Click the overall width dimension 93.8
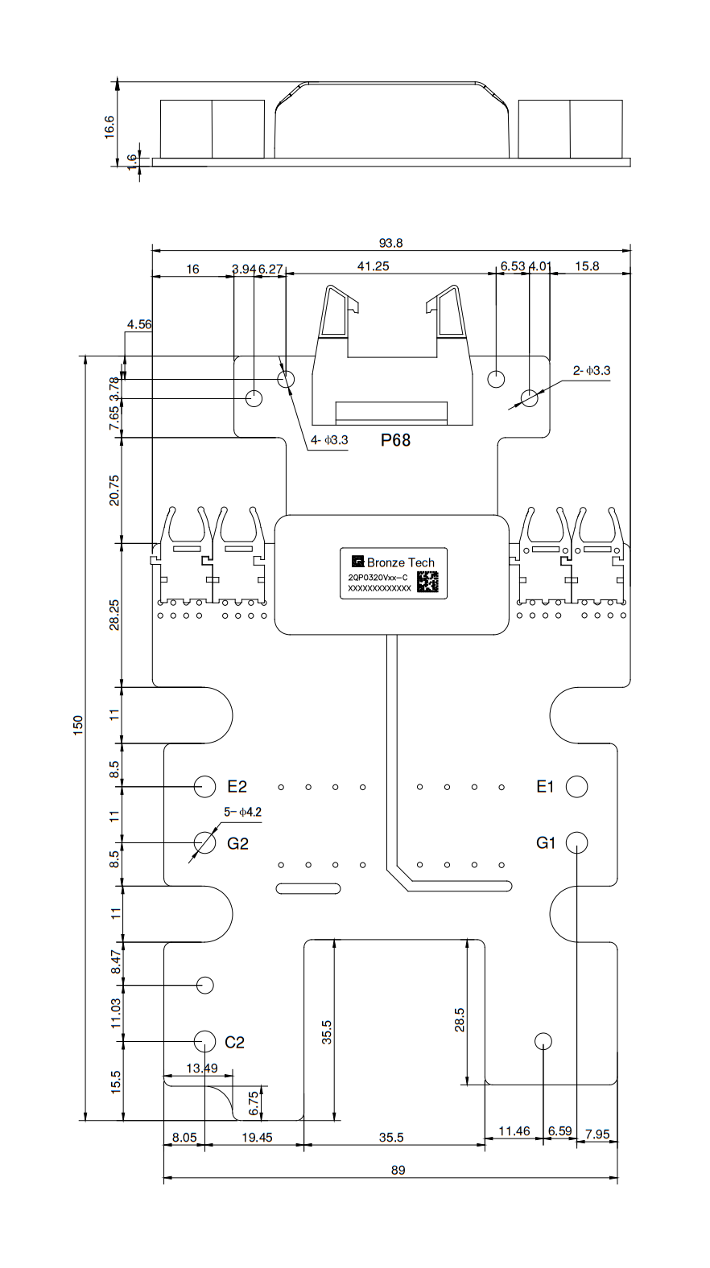pyautogui.click(x=391, y=243)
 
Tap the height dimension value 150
pyautogui.click(x=78, y=724)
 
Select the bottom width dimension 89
pyautogui.click(x=398, y=1170)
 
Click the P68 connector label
pyautogui.click(x=395, y=440)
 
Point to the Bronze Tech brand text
pyautogui.click(x=400, y=562)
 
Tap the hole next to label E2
pyautogui.click(x=204, y=786)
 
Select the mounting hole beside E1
pyautogui.click(x=576, y=786)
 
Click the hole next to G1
pyautogui.click(x=576, y=842)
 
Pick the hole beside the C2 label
pyautogui.click(x=204, y=1041)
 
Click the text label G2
pyautogui.click(x=237, y=843)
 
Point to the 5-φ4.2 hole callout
pyautogui.click(x=242, y=813)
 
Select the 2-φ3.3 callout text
pyautogui.click(x=592, y=371)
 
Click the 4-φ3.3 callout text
pyautogui.click(x=329, y=440)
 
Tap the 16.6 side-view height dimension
pyautogui.click(x=110, y=126)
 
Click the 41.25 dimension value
pyautogui.click(x=373, y=266)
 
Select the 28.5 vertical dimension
pyautogui.click(x=459, y=1020)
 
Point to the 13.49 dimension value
pyautogui.click(x=201, y=1068)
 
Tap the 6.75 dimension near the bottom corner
pyautogui.click(x=254, y=1103)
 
